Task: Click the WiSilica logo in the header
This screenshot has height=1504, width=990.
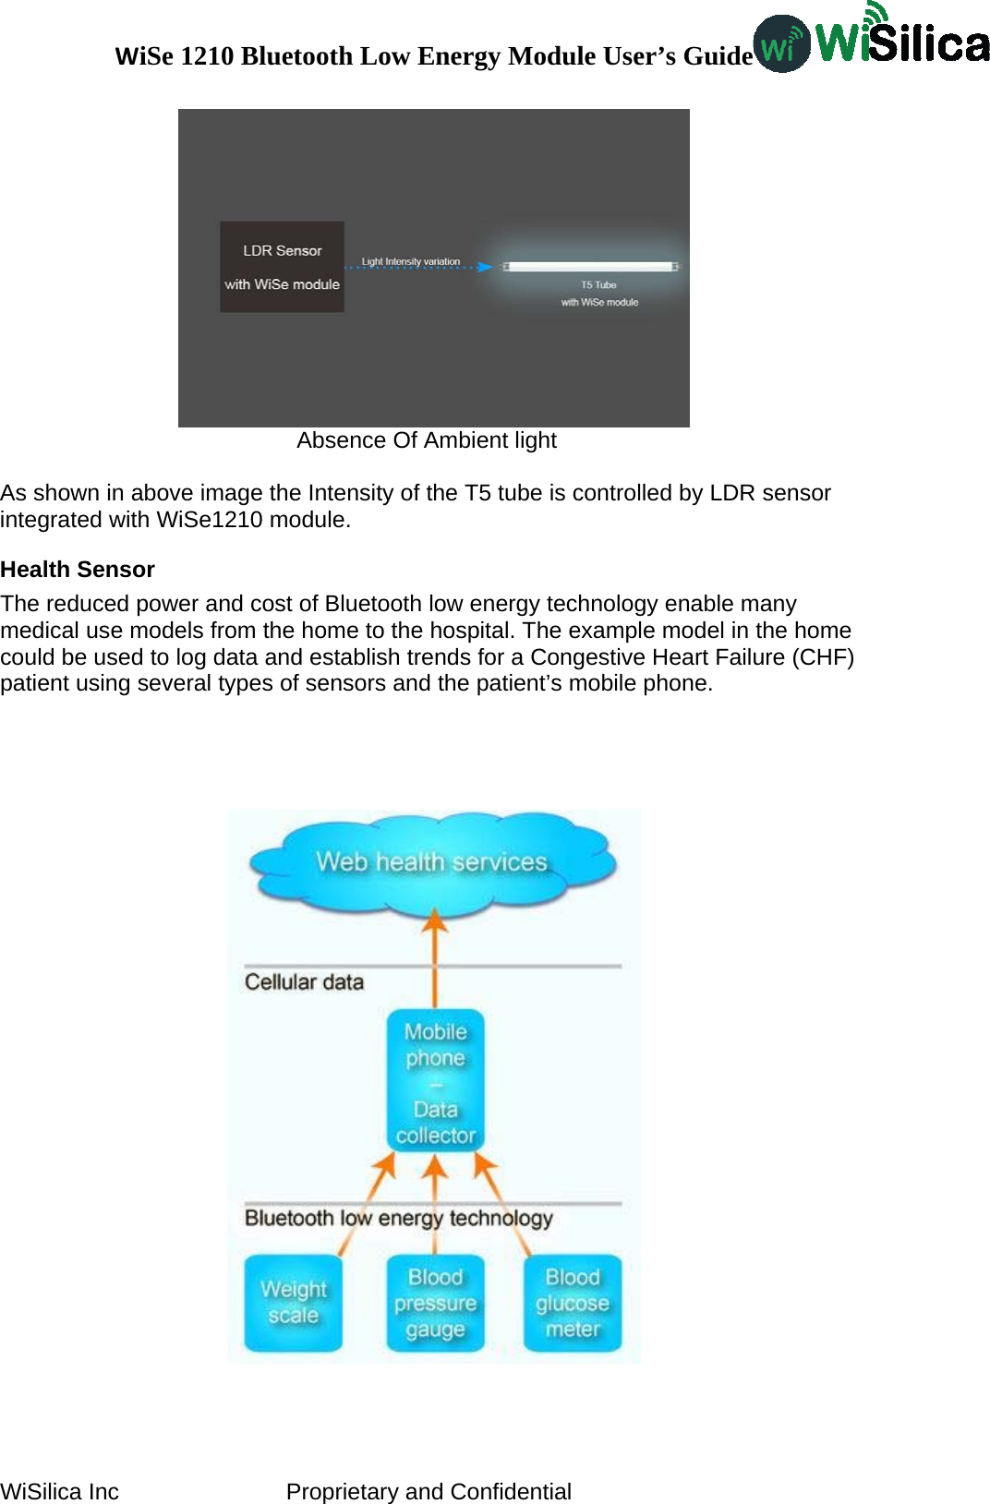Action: click(x=871, y=42)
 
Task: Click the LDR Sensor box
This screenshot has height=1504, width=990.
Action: click(x=282, y=267)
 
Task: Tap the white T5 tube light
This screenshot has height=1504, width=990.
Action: click(x=590, y=267)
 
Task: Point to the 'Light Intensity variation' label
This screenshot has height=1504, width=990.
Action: click(x=410, y=261)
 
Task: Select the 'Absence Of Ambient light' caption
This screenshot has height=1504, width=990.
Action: click(x=427, y=440)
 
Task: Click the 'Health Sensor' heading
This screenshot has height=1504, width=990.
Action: click(x=78, y=570)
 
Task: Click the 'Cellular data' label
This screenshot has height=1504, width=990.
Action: click(x=304, y=982)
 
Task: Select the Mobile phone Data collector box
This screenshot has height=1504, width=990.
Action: click(x=435, y=1081)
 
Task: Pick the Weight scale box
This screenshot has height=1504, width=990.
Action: click(x=293, y=1303)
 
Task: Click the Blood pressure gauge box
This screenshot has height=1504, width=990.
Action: click(x=435, y=1303)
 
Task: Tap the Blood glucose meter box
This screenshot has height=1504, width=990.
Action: click(x=573, y=1303)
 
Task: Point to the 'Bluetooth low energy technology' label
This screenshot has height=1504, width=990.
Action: click(x=398, y=1219)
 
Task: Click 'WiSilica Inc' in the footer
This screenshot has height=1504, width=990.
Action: click(x=60, y=1492)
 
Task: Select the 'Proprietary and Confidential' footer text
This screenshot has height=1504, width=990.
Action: click(x=429, y=1492)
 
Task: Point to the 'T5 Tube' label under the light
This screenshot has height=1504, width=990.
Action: click(x=598, y=285)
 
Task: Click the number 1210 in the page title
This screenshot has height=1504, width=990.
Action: click(x=207, y=56)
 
